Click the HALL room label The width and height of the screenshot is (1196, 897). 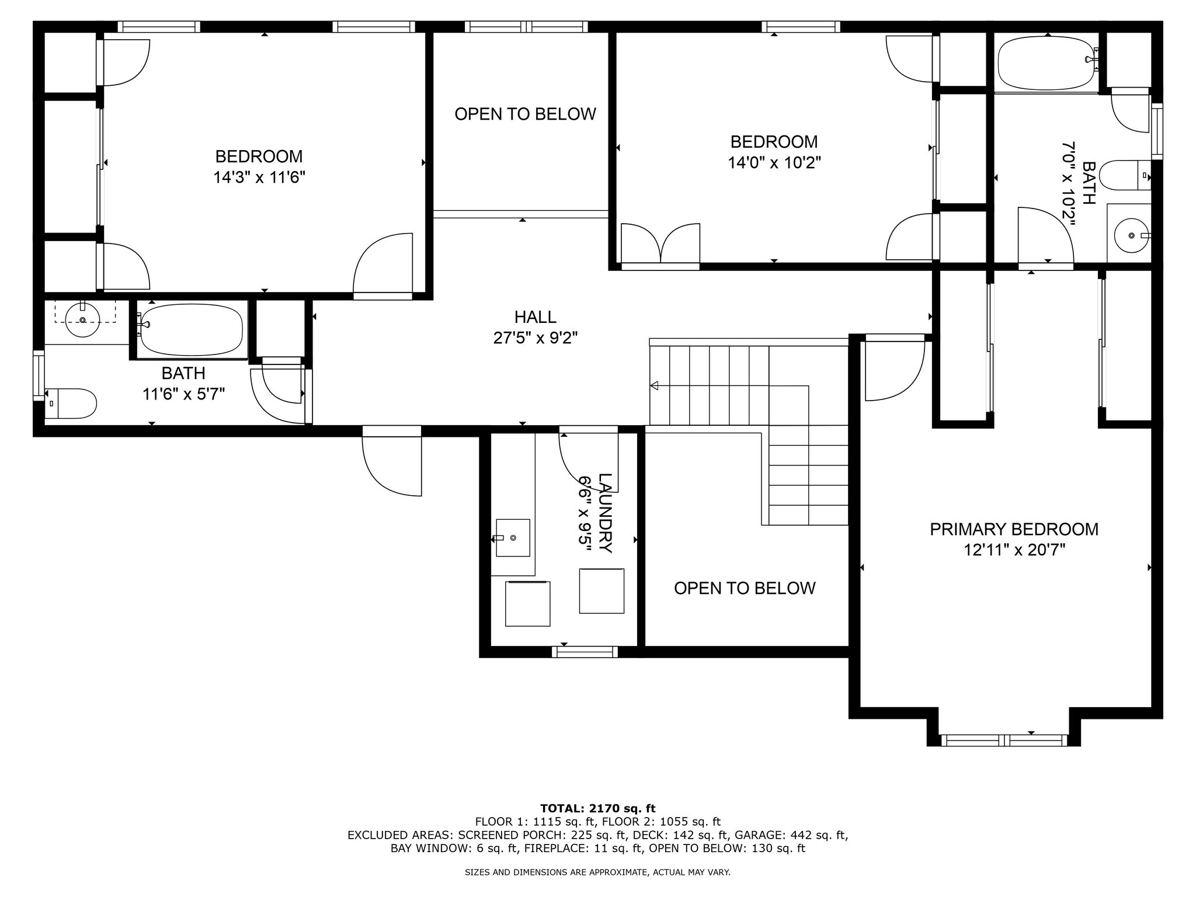[535, 317]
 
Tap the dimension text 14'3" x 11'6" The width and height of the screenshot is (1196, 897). [259, 177]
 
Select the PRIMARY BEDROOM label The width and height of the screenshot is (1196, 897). [1014, 529]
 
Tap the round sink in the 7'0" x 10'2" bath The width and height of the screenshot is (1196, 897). [1131, 235]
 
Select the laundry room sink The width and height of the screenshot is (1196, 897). [513, 537]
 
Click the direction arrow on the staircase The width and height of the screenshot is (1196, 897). [654, 385]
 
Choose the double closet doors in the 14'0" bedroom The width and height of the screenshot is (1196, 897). [660, 244]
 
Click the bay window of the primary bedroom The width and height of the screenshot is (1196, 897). [1004, 740]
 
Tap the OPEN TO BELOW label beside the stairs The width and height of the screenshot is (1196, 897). [745, 588]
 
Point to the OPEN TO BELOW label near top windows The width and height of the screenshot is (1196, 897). [525, 114]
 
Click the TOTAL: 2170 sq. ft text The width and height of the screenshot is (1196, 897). [597, 808]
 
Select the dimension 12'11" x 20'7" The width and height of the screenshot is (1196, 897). [1014, 550]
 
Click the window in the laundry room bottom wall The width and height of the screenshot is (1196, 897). [585, 652]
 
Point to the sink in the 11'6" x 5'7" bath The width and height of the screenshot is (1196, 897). [82, 321]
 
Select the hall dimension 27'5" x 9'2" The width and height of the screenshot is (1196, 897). [535, 338]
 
